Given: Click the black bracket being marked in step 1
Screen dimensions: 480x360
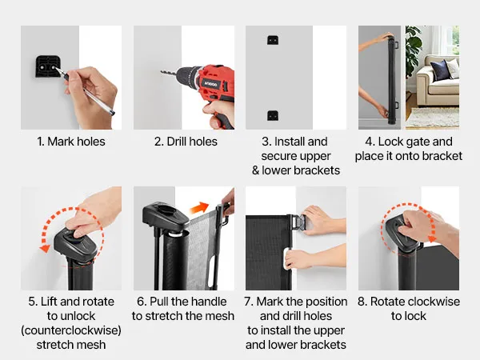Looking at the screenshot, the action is [x=47, y=66].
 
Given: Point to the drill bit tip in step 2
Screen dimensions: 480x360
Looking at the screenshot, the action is [x=162, y=72].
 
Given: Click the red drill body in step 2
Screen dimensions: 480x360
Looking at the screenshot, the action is [x=214, y=83].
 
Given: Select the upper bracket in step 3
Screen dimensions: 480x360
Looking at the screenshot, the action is [x=273, y=40].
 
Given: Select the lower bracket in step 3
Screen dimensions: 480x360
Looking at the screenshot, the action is [x=273, y=115].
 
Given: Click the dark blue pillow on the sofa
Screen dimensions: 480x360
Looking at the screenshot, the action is [x=440, y=70].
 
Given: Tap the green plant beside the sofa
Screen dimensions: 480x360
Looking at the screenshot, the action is [x=414, y=49].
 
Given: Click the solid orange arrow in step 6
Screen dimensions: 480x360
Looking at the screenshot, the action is [x=199, y=207].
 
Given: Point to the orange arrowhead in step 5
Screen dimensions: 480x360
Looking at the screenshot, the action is [x=45, y=248].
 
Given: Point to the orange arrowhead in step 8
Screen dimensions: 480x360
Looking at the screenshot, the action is [x=432, y=238].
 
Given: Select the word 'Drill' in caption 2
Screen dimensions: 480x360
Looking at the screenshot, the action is [x=176, y=142].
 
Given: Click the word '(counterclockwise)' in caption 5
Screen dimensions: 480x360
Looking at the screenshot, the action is [x=71, y=330].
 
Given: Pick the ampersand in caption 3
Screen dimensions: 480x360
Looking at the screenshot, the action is [x=256, y=170].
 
